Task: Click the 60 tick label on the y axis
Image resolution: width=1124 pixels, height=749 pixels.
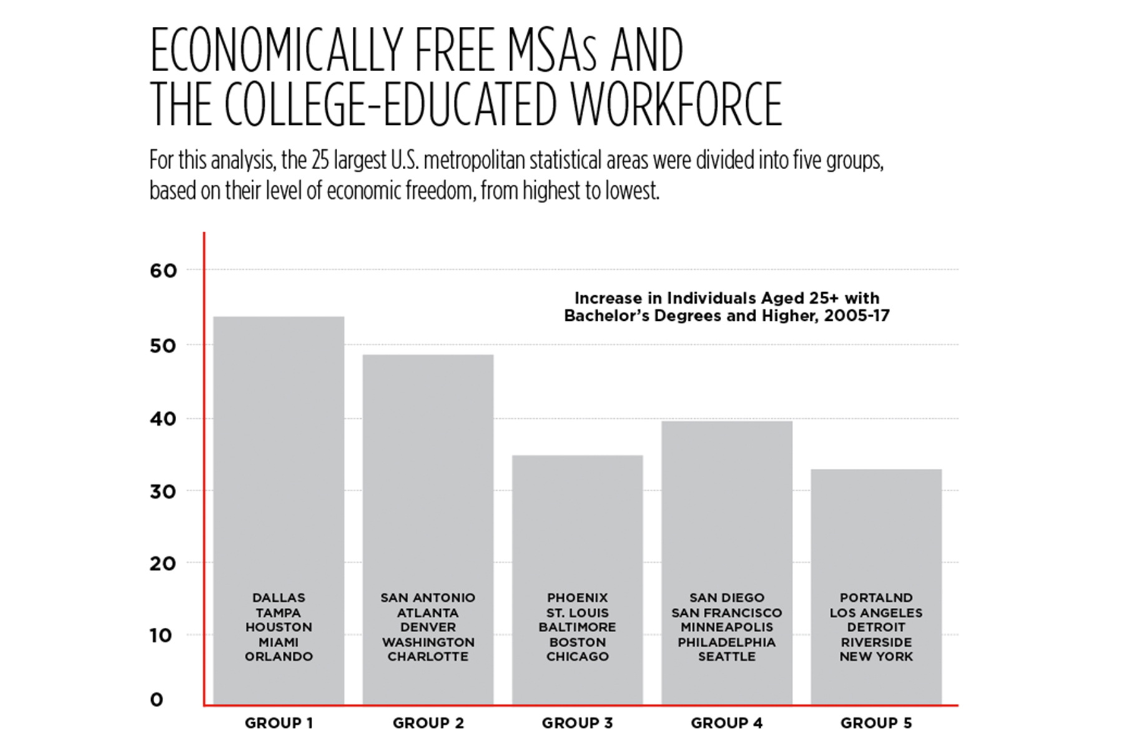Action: tap(164, 271)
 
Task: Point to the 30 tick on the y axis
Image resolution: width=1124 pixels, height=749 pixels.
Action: tap(164, 492)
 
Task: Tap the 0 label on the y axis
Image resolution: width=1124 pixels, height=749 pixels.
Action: tap(157, 700)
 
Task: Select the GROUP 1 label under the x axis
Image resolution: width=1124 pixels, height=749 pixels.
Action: tap(279, 723)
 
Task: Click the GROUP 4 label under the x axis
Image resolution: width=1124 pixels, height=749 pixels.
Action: tap(727, 723)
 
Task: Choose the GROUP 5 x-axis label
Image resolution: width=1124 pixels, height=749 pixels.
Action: tap(876, 723)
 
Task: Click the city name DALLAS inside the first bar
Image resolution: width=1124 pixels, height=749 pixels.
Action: tap(279, 598)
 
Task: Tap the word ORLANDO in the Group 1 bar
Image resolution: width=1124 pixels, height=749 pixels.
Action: tap(279, 657)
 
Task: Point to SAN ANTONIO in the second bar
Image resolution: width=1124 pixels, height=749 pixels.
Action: tap(428, 598)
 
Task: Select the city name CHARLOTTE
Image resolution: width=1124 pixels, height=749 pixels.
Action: tap(428, 657)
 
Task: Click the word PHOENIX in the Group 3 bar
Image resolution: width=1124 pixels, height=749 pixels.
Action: tap(578, 598)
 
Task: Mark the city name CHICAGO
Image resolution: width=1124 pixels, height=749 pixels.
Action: tap(578, 657)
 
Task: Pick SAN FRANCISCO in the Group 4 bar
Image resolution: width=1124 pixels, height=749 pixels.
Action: tap(727, 613)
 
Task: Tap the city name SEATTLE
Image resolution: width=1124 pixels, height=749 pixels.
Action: tap(727, 657)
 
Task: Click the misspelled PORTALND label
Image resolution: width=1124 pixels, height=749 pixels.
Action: tap(876, 598)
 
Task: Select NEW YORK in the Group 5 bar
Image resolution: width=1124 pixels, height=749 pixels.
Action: tap(876, 657)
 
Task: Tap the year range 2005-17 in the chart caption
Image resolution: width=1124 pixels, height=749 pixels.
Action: tap(857, 316)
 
